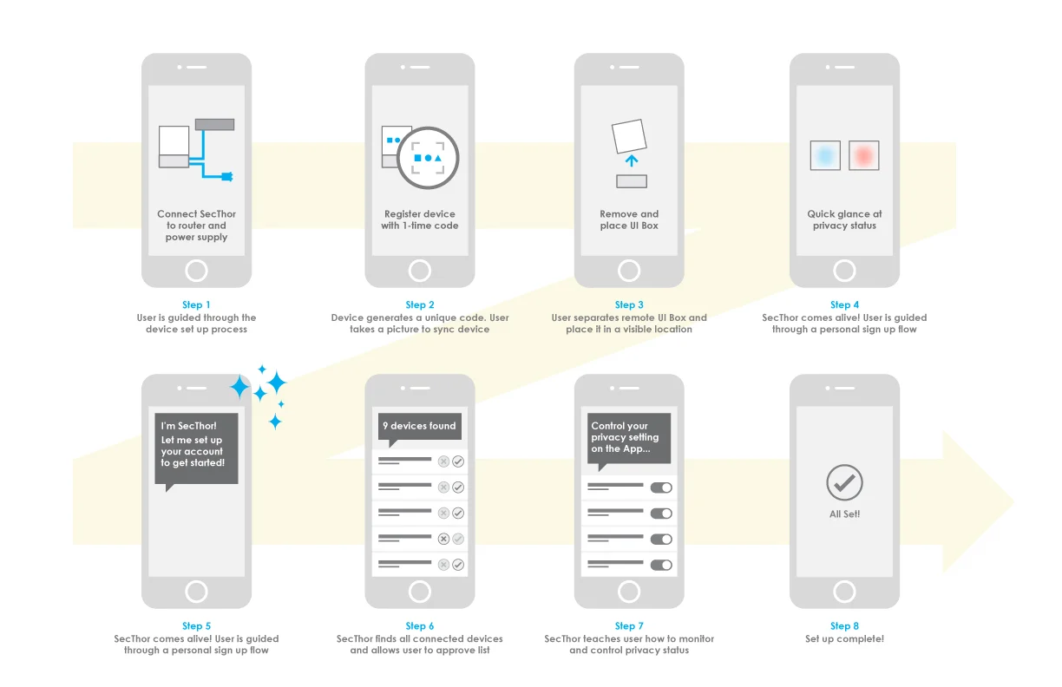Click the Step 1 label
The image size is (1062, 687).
pos(196,304)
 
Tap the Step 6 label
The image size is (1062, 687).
pos(420,625)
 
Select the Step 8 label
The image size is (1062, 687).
pos(844,625)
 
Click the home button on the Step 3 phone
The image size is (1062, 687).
pos(629,271)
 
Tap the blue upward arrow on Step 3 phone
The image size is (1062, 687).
pos(632,160)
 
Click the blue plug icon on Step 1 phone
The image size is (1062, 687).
pos(227,177)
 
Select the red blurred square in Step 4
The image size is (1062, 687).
pos(863,155)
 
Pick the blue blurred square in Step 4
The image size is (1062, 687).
pos(825,155)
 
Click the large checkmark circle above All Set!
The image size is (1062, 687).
pos(844,482)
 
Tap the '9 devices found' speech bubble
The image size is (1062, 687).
pos(419,427)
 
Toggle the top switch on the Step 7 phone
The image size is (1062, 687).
pos(661,487)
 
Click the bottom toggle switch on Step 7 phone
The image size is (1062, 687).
pos(661,565)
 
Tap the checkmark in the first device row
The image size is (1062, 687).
pos(458,461)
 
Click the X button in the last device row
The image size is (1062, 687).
pos(443,565)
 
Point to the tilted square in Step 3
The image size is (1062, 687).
pos(629,137)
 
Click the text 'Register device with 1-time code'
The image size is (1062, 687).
pos(420,219)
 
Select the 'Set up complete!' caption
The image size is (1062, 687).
pos(844,639)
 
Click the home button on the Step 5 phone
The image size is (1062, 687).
pos(196,592)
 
